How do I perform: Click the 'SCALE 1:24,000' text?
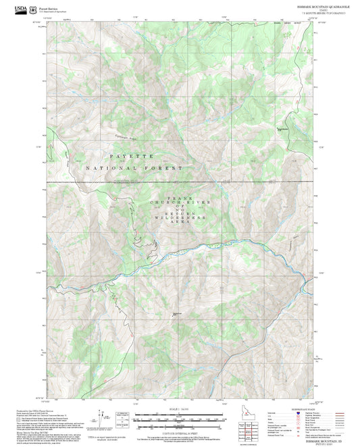click(x=179, y=409)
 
